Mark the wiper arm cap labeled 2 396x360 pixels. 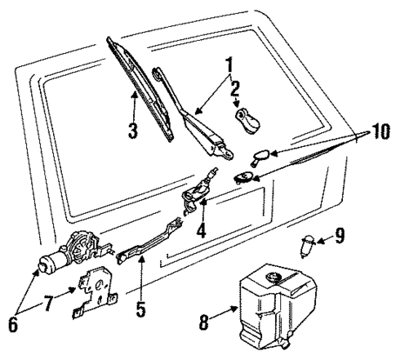point(245,120)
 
